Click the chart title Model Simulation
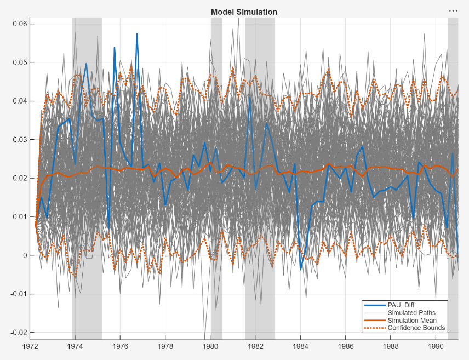point(244,12)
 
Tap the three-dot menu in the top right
point(453,10)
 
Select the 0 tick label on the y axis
point(24,255)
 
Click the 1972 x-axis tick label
point(30,347)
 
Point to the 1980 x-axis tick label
point(210,347)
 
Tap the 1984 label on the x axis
point(301,347)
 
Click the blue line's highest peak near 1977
point(137,33)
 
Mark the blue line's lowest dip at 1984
point(300,269)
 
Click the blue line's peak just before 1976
point(115,48)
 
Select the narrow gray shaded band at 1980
point(216,164)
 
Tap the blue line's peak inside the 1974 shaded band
point(86,64)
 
